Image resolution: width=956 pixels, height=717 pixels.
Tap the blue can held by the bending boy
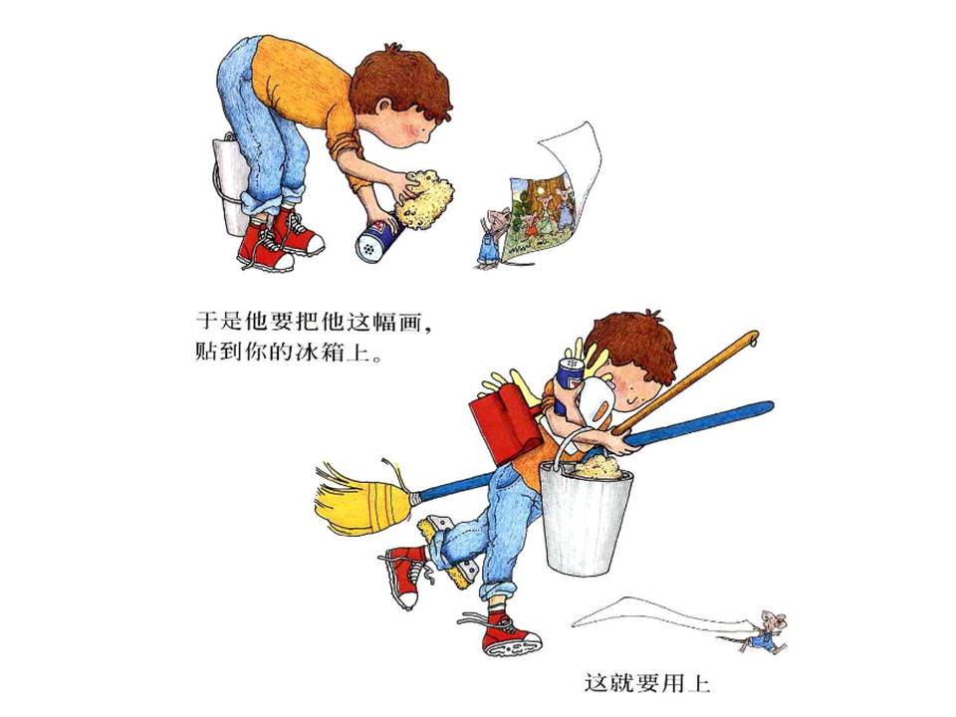tap(378, 240)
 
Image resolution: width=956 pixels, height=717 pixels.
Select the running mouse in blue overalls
tap(768, 631)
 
